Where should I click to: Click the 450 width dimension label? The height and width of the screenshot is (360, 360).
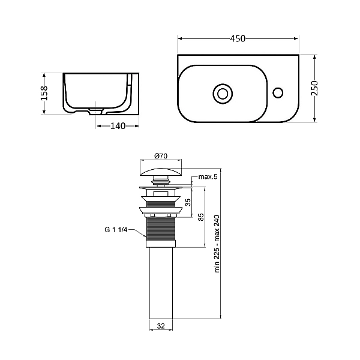[238, 38]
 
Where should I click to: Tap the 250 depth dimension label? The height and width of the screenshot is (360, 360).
[314, 88]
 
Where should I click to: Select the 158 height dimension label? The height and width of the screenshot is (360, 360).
[44, 93]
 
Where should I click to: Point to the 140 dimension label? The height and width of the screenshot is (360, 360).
[118, 126]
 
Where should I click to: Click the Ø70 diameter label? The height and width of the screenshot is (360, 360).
[161, 156]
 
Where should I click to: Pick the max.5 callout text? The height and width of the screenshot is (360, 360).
[208, 177]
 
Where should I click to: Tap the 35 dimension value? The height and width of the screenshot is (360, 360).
[188, 202]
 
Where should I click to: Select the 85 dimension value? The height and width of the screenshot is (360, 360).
[201, 217]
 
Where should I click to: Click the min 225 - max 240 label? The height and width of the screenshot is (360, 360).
[217, 244]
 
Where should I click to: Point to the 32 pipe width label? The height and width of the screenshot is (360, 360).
[161, 326]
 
